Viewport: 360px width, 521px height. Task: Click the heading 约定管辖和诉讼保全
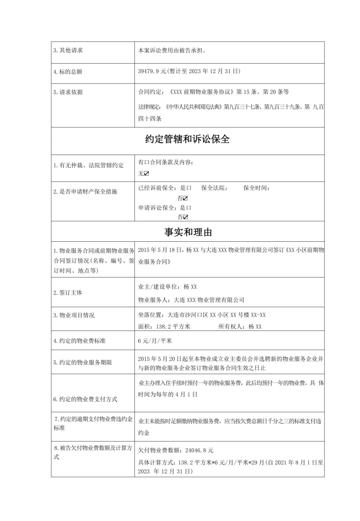[x=187, y=139]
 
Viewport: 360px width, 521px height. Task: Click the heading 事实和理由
[x=188, y=232]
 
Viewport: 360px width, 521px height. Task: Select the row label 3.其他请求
[x=68, y=50]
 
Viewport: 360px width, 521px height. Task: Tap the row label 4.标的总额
[x=68, y=72]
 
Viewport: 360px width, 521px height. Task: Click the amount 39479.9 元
[x=152, y=71]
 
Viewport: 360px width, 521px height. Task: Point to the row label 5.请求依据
[x=68, y=92]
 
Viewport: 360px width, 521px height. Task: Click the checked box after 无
[x=147, y=174]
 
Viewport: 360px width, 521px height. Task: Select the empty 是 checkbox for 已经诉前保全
[x=189, y=188]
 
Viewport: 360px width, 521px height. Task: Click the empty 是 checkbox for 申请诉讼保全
[x=189, y=208]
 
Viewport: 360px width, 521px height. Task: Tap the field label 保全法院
[x=213, y=188]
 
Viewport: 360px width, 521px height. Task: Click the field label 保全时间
[x=256, y=188]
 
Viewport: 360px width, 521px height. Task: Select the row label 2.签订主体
[x=68, y=293]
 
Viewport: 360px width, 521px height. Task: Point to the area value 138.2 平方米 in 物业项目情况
[x=173, y=327]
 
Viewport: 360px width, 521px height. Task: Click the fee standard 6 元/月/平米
[x=155, y=341]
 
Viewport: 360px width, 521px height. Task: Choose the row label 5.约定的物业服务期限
[x=83, y=362]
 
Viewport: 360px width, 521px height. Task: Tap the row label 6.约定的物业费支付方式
[x=85, y=399]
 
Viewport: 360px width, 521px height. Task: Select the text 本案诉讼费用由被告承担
[x=172, y=51]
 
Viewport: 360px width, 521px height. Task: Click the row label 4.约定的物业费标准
[x=80, y=341]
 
